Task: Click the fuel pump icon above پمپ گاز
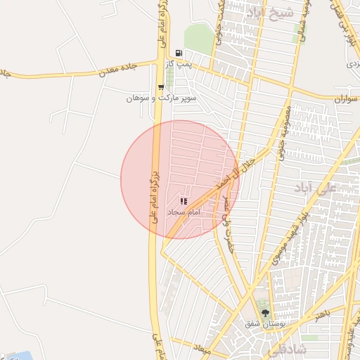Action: point(179,53)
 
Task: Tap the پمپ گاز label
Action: point(179,65)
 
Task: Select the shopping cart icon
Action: point(161,88)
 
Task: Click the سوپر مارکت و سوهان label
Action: point(161,98)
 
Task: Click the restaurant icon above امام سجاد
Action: point(184,201)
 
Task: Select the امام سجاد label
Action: point(184,212)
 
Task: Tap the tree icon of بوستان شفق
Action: point(265,313)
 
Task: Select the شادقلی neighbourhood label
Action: point(289,349)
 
